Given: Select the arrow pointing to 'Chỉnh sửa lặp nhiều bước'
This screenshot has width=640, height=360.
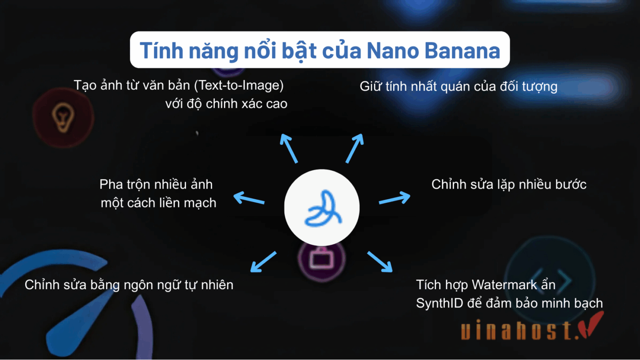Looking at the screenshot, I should click(x=394, y=199).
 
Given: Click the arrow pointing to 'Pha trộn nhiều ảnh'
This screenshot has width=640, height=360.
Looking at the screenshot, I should click(x=249, y=199).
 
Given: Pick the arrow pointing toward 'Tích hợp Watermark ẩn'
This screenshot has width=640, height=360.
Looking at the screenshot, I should click(x=380, y=262).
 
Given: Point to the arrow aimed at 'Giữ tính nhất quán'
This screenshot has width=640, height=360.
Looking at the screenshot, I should click(x=354, y=148).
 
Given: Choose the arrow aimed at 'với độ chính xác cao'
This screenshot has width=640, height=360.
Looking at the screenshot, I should click(x=289, y=148).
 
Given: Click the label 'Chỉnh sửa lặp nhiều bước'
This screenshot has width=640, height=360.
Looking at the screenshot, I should click(x=509, y=185).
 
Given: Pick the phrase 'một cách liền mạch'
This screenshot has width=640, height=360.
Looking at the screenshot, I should click(x=158, y=202).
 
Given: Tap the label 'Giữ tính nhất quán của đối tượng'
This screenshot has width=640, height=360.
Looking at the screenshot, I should click(x=459, y=86).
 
